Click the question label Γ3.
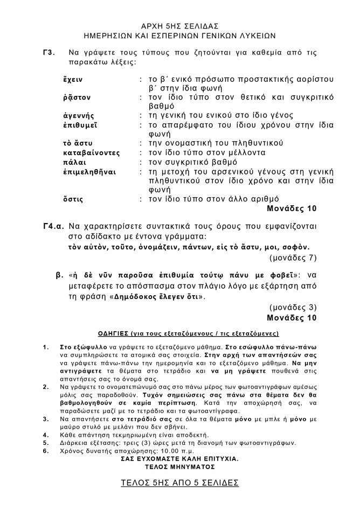(49, 53)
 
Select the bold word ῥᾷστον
(77, 96)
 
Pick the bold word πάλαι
(73, 162)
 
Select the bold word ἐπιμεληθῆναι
(88, 171)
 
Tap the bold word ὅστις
(73, 199)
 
